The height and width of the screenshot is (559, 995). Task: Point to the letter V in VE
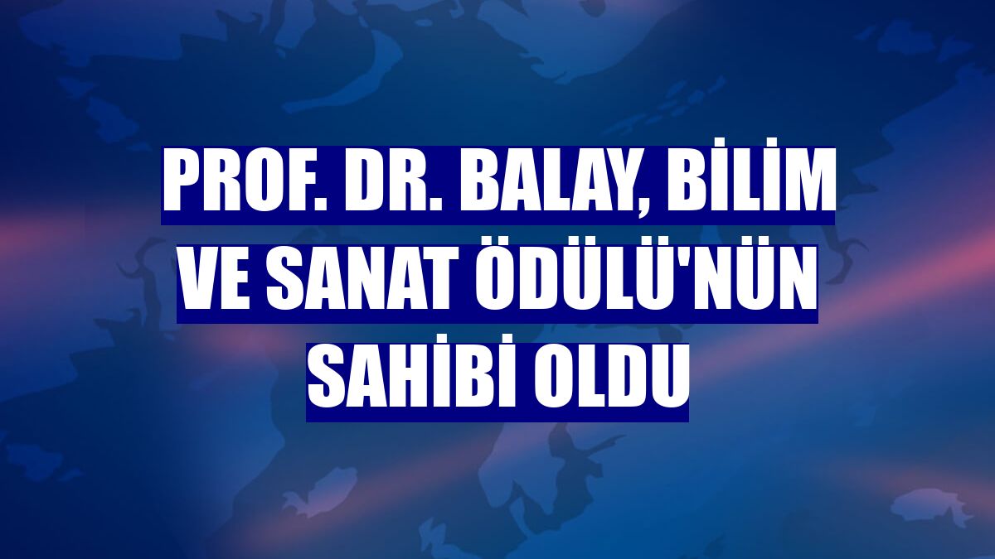click(x=195, y=287)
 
